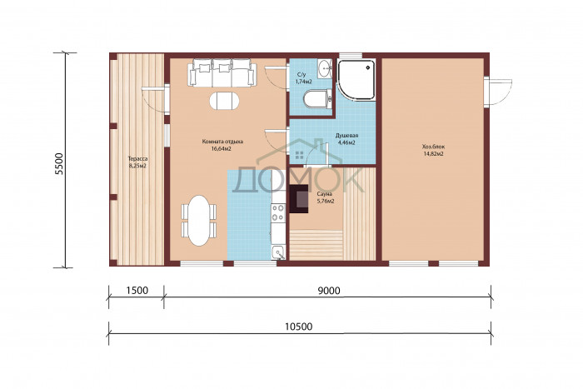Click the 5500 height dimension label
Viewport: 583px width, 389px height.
[59, 163]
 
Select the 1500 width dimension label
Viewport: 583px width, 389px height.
[137, 290]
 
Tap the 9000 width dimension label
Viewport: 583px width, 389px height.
[329, 290]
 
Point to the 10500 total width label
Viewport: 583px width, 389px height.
[298, 327]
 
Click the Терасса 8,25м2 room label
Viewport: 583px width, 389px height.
[137, 162]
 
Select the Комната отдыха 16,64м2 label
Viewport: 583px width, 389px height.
[222, 145]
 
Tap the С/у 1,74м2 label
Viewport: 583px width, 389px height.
[303, 78]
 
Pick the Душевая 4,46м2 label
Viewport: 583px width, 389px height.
[346, 139]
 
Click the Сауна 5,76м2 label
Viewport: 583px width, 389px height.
[325, 197]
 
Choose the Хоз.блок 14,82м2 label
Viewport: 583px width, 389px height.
[433, 150]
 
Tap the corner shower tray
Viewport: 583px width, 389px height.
[356, 79]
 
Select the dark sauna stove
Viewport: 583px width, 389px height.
[299, 199]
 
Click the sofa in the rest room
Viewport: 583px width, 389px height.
[222, 72]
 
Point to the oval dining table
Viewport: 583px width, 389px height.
[199, 221]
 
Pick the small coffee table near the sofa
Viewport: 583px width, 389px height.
[224, 100]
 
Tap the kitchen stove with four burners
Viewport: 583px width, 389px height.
[277, 212]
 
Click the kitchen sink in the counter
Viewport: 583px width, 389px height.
[278, 252]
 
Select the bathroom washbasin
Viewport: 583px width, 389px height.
[325, 68]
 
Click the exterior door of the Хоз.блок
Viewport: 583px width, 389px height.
[499, 92]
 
